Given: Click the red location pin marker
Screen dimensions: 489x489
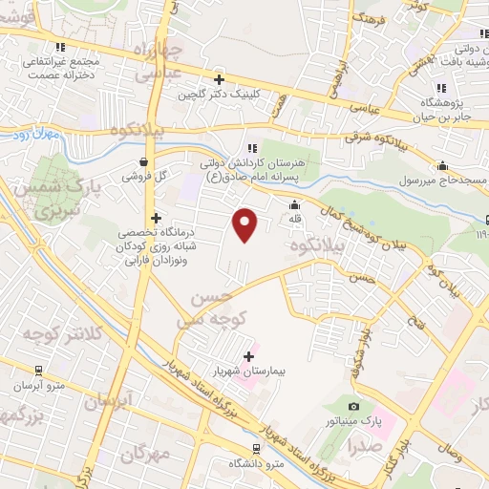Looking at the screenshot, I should click(245, 223).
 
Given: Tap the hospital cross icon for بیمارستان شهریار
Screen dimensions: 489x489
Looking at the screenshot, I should click(249, 357).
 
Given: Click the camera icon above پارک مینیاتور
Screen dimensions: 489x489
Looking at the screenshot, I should click(355, 408).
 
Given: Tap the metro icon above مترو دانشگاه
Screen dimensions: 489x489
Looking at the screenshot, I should click(255, 448).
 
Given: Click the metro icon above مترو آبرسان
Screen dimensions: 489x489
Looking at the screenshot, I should click(38, 371).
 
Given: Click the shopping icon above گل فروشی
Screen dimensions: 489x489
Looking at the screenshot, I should click(143, 162).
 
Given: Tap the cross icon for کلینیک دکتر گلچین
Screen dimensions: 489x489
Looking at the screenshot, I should click(220, 80).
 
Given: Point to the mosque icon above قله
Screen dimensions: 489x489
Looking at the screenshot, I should click(294, 204).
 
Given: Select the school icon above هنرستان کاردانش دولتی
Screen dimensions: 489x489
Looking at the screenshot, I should click(252, 148).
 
